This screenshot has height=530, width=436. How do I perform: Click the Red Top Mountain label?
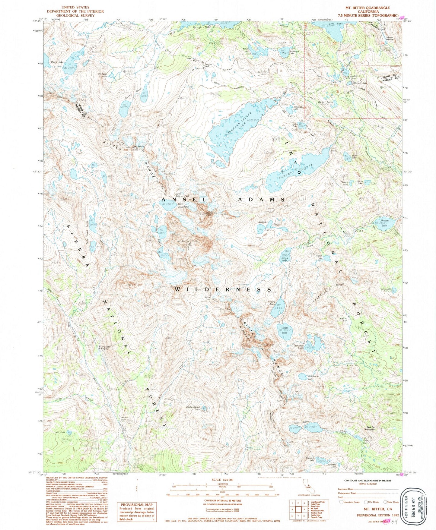click(x=371, y=428)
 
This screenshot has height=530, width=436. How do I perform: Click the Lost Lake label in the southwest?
click(x=60, y=432)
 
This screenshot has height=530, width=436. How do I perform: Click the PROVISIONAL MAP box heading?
click(x=137, y=504)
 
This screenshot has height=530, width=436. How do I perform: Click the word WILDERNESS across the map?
click(x=224, y=289)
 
